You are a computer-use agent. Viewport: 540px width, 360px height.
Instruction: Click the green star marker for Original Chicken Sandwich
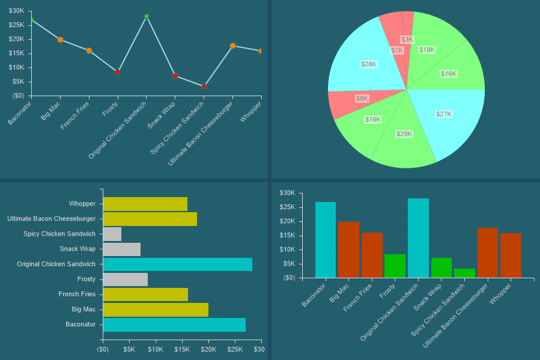[x=147, y=16]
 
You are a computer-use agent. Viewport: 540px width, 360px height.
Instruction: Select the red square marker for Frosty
[x=118, y=72]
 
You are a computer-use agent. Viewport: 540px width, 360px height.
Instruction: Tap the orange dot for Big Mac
[x=60, y=40]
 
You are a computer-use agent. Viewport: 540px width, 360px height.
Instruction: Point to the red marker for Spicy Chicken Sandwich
[x=204, y=87]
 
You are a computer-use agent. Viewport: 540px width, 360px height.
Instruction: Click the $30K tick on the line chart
[x=17, y=11]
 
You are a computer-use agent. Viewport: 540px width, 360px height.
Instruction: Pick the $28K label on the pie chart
[x=368, y=64]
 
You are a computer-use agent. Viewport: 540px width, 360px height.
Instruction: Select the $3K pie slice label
[x=407, y=40]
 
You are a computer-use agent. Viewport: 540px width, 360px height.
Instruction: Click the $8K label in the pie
[x=362, y=98]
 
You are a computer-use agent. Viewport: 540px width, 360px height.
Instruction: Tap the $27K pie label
[x=443, y=114]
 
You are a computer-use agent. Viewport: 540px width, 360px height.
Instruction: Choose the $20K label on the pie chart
[x=404, y=133]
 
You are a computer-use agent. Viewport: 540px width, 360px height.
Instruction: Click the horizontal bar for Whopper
[x=145, y=204]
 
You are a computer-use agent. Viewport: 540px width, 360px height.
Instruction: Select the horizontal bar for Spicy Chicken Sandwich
[x=112, y=234]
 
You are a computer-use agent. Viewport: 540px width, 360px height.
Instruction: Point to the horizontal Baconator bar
[x=174, y=325]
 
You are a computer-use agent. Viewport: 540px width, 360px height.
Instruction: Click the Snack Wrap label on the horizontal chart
[x=77, y=249]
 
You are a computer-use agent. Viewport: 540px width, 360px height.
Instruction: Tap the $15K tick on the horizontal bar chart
[x=182, y=349]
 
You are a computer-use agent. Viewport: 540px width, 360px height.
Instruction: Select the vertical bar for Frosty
[x=395, y=266]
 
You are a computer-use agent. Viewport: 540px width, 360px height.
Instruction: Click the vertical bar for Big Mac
[x=348, y=249]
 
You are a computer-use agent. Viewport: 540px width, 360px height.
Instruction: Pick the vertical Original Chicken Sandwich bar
[x=418, y=238]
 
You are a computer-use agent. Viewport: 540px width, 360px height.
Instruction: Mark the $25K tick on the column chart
[x=288, y=207]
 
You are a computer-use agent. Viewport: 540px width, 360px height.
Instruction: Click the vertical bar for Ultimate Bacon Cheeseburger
[x=488, y=252]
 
